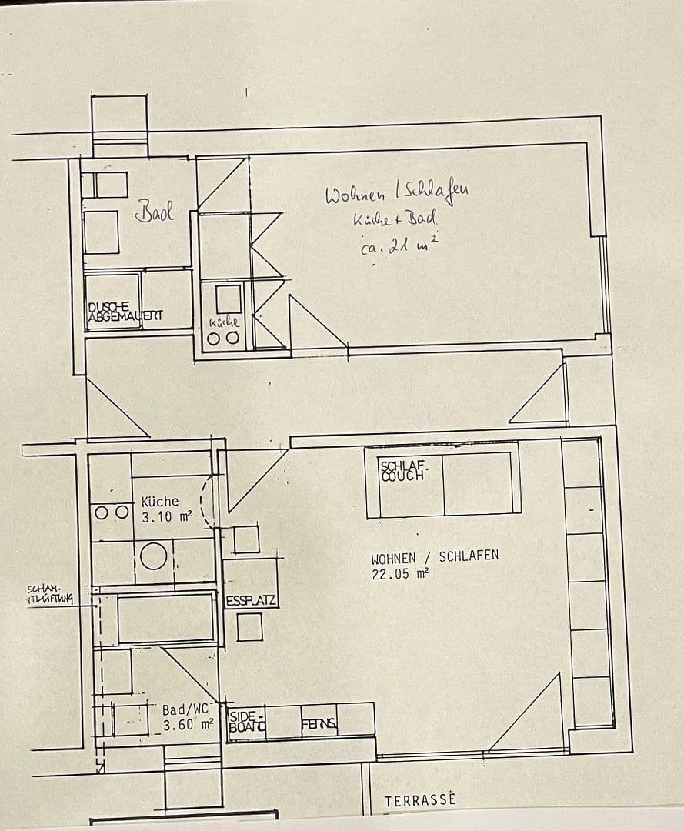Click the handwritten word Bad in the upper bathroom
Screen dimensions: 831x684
pyautogui.click(x=155, y=211)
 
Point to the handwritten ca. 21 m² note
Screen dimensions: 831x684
pyautogui.click(x=399, y=246)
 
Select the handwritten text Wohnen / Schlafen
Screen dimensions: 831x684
pyautogui.click(x=396, y=193)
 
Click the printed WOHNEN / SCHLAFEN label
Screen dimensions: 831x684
pyautogui.click(x=435, y=557)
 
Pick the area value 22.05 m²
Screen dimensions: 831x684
pyautogui.click(x=399, y=572)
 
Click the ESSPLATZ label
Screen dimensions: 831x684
pyautogui.click(x=251, y=601)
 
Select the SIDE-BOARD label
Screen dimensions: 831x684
pyautogui.click(x=247, y=721)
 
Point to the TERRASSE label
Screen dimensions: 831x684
pyautogui.click(x=419, y=799)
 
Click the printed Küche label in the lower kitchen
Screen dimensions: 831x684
pyautogui.click(x=160, y=501)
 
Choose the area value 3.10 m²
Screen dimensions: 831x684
pyautogui.click(x=166, y=517)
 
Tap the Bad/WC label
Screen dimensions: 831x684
pyautogui.click(x=185, y=709)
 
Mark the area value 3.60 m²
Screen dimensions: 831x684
pyautogui.click(x=187, y=724)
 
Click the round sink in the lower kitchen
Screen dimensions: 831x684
pyautogui.click(x=154, y=556)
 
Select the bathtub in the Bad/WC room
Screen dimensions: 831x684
pyautogui.click(x=165, y=617)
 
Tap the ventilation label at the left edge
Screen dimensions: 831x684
pyautogui.click(x=49, y=596)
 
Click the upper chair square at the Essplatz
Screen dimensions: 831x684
pyautogui.click(x=246, y=539)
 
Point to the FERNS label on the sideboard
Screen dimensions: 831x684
pyautogui.click(x=319, y=723)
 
